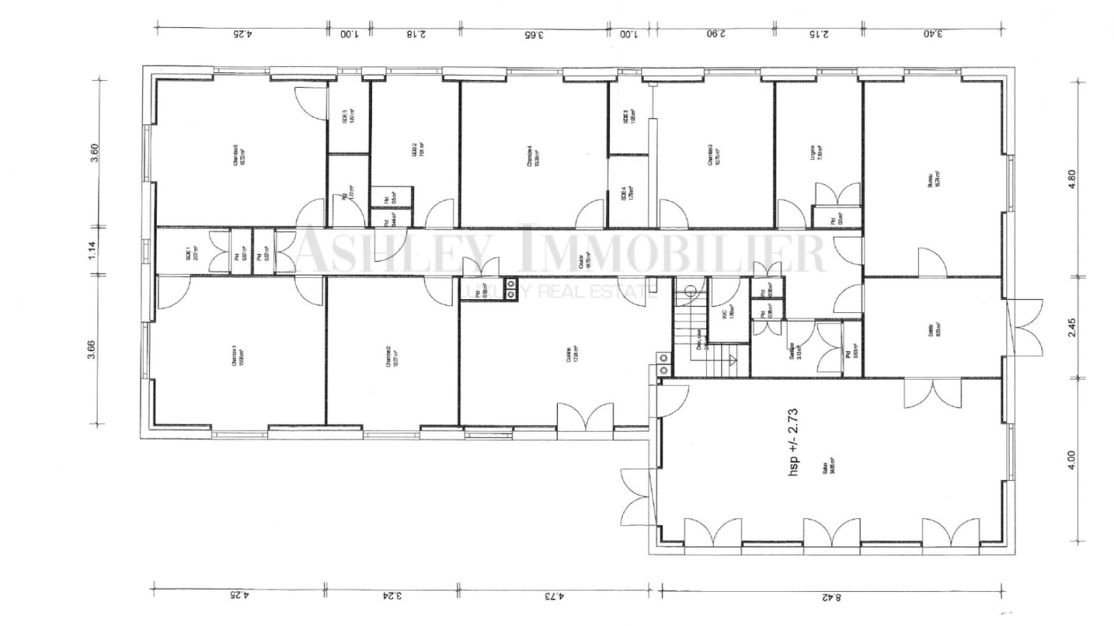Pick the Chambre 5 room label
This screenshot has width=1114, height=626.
tap(240, 154)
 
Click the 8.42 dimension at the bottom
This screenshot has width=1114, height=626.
tap(831, 596)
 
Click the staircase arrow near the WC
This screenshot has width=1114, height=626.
tap(732, 360)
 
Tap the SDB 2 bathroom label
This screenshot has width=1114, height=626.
tap(416, 149)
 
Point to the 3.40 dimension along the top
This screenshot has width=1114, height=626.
tap(933, 33)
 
